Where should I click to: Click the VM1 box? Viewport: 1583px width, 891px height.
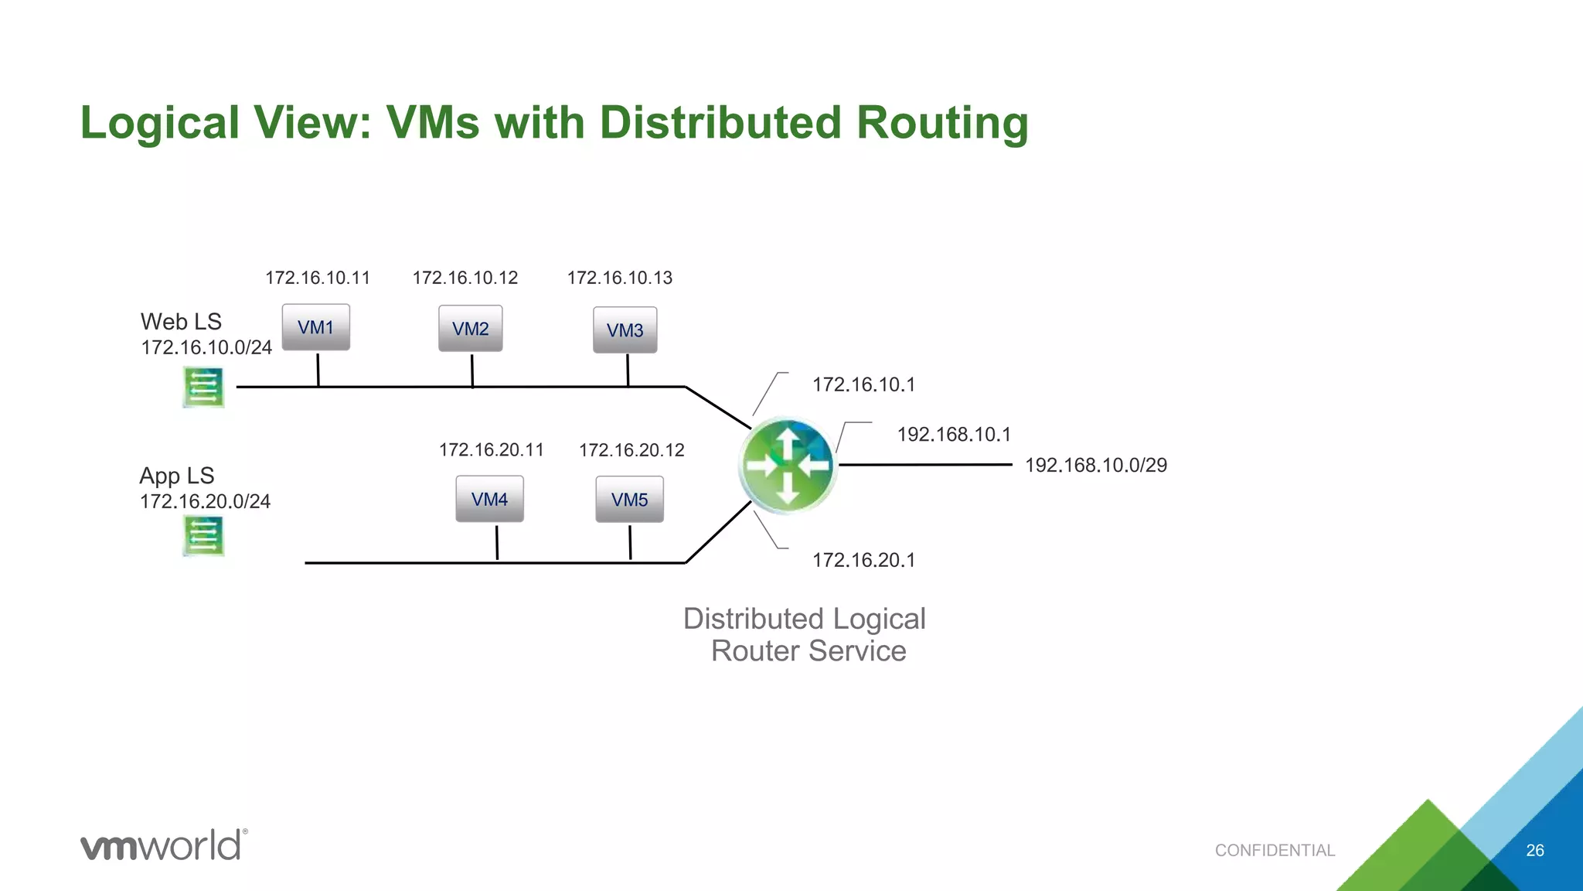[x=315, y=327]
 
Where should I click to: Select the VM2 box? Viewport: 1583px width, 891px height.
[x=470, y=329]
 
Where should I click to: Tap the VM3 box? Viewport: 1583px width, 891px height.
[x=625, y=330]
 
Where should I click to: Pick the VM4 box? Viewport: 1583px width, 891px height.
[x=489, y=499]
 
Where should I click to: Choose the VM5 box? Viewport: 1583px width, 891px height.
[x=629, y=500]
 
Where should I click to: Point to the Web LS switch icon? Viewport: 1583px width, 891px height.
[x=203, y=387]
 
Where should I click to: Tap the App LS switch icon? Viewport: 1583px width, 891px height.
[x=203, y=535]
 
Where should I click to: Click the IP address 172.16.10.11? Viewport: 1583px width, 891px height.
[x=317, y=278]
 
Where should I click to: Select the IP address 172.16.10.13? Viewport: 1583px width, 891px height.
[x=619, y=278]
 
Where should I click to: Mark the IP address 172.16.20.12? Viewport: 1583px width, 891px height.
[x=631, y=450]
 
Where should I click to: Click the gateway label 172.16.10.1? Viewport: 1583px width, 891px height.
[x=863, y=384]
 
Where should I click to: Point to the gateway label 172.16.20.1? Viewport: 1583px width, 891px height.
[x=863, y=560]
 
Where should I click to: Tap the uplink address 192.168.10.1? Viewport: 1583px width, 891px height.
[x=954, y=435]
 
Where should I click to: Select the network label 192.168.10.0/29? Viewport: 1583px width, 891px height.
[x=1095, y=465]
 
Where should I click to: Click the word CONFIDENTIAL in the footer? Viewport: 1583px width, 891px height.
[x=1275, y=850]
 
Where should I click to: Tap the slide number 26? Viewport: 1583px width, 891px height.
[x=1534, y=850]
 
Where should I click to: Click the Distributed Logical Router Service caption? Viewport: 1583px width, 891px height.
[x=805, y=635]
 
